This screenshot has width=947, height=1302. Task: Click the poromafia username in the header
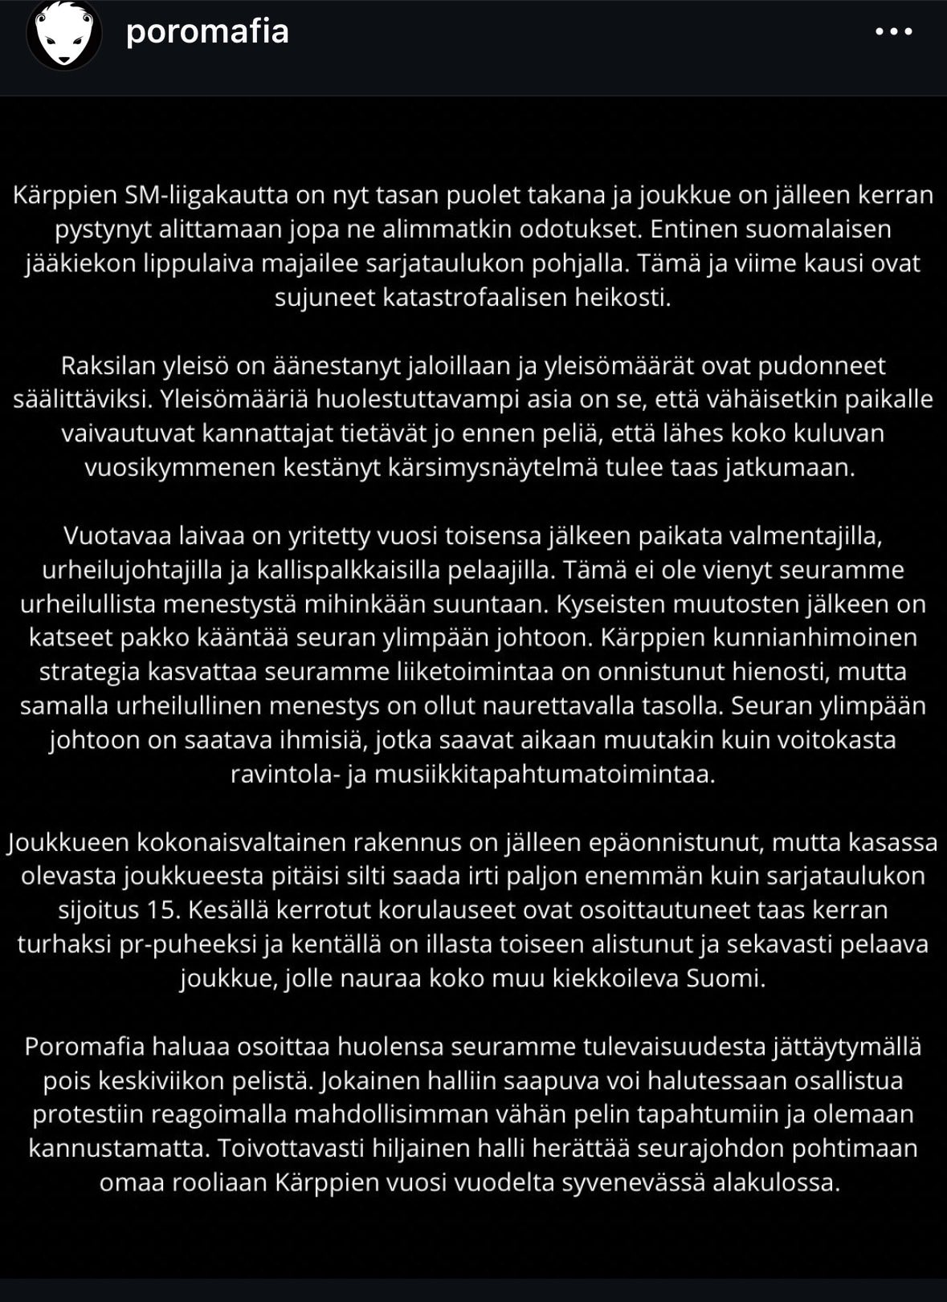point(207,32)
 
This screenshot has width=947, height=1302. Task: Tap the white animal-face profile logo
point(64,33)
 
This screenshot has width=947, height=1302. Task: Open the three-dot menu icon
point(894,32)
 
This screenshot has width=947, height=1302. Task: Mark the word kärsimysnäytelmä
point(475,468)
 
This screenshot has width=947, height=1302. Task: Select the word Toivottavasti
point(308,1149)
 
